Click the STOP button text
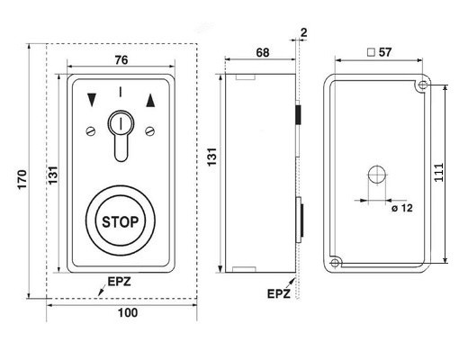pos(121,222)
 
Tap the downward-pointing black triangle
pos(92,100)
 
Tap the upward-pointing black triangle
pos(150,100)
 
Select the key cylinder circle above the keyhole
pos(121,123)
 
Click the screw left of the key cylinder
pos(91,131)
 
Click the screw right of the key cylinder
pos(150,131)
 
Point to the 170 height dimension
pos(22,179)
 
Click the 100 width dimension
pos(128,312)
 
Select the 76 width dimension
pos(121,60)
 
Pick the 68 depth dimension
pos(263,52)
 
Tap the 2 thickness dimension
pos(304,32)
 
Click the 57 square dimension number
pos(385,52)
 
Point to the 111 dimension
pos(439,172)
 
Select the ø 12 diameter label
pos(402,208)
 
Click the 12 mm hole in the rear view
pos(377,174)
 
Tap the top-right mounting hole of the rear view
pos(423,85)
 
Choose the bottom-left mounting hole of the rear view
pos(335,264)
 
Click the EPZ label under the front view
pos(119,282)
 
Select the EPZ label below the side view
pos(279,293)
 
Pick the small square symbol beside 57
pos(372,52)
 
